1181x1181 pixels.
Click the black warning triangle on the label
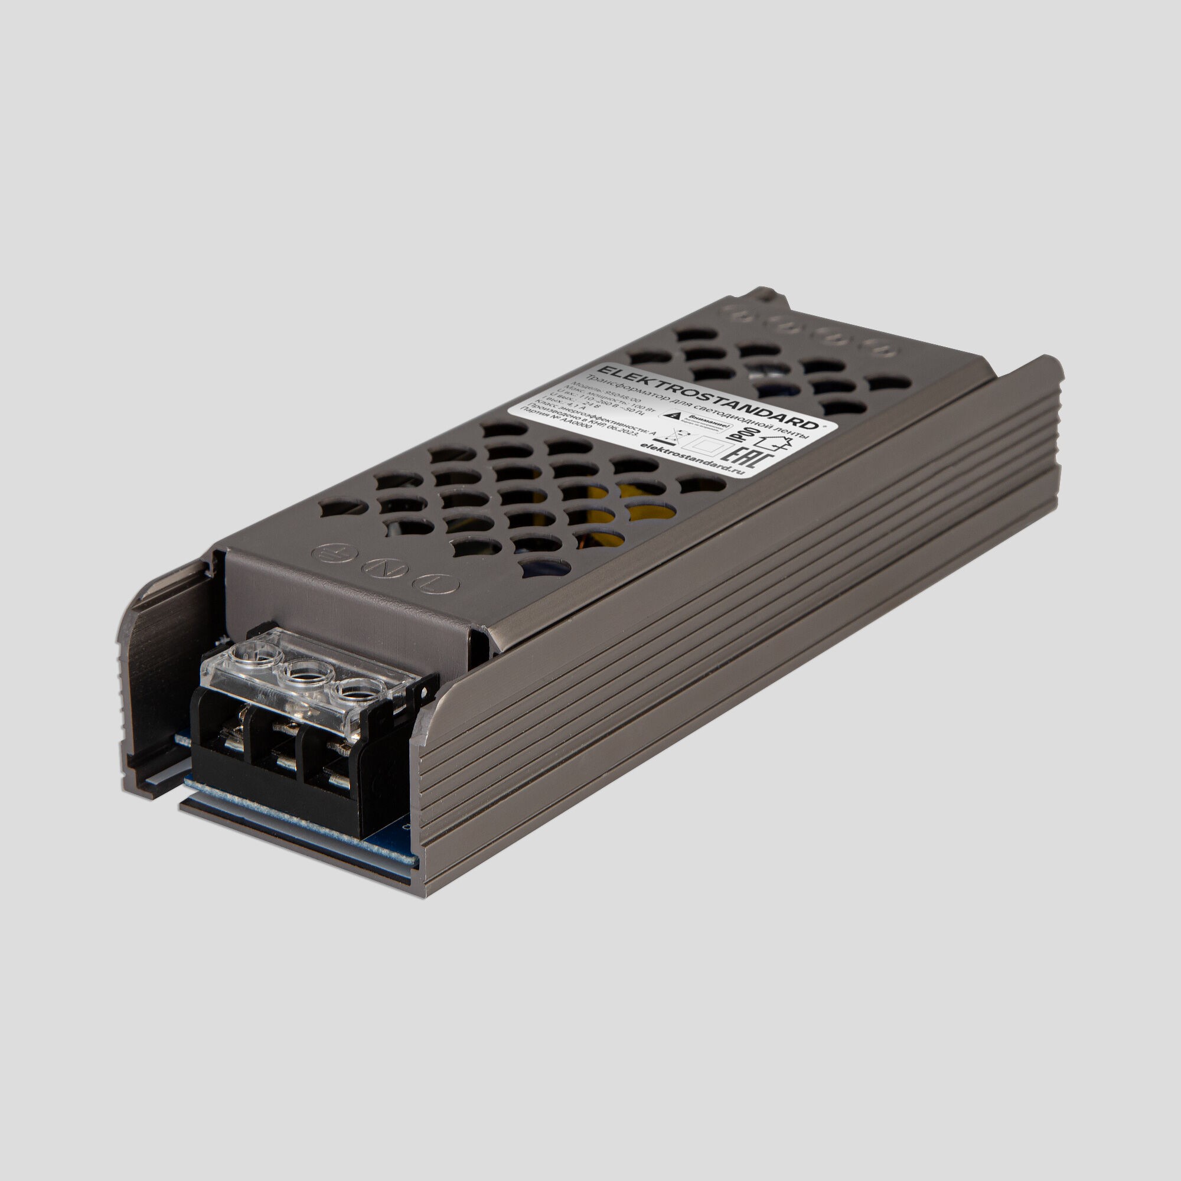pos(674,416)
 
